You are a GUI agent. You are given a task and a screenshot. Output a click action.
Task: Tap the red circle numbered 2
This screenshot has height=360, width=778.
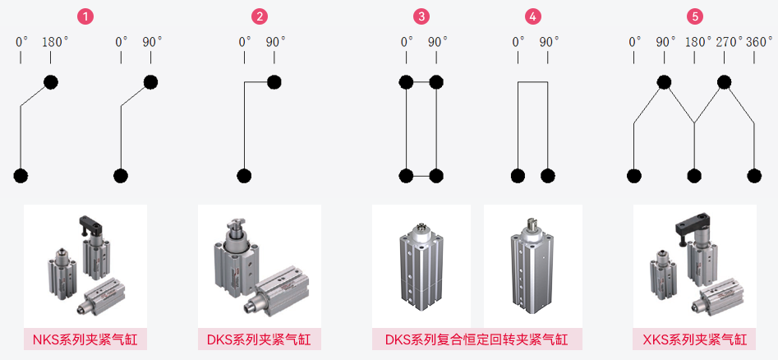coord(260,16)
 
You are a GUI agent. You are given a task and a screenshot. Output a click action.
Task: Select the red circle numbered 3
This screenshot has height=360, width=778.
coord(421,16)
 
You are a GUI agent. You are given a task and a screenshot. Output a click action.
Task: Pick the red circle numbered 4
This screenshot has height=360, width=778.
coord(534,16)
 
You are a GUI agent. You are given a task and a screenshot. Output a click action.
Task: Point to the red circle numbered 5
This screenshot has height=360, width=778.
coord(695,16)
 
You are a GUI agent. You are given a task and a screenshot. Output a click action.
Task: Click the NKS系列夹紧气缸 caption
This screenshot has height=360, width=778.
coord(85,339)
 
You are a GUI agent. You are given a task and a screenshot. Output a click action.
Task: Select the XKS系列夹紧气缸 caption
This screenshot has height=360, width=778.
coord(695,339)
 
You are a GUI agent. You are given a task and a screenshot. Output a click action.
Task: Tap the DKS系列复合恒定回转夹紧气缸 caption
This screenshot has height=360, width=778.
coord(476,339)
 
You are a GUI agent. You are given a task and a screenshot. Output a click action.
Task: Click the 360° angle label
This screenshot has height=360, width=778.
coord(758,41)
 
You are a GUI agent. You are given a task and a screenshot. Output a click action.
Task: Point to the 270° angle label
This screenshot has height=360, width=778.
coord(728,41)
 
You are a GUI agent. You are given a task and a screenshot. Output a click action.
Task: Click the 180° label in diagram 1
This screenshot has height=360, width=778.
coord(54,41)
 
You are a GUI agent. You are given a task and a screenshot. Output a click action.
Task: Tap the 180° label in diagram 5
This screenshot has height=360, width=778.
coord(697,41)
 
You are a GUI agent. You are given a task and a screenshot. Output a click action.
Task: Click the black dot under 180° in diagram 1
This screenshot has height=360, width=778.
coord(51,81)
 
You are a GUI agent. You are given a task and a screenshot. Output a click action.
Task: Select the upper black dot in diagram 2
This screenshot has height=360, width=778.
coord(274,81)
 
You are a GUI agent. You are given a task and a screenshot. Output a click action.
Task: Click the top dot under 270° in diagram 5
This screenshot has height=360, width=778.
coord(724,81)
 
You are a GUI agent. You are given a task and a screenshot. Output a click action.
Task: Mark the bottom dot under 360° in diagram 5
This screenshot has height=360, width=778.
coord(754,175)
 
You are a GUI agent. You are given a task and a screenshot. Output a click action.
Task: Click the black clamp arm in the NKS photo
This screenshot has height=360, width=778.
coord(93,224)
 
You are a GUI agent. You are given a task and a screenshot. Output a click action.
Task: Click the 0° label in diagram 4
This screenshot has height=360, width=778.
coord(518,41)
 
